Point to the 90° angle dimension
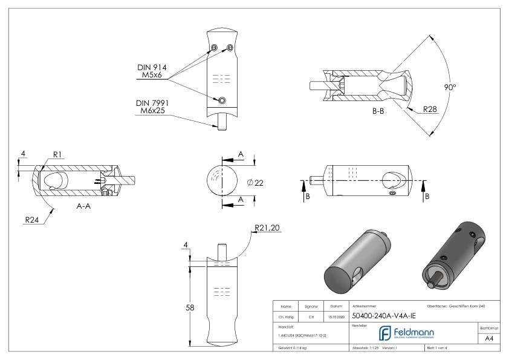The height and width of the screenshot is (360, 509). pyautogui.click(x=450, y=87)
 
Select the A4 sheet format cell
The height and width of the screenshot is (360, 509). pyautogui.click(x=491, y=339)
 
